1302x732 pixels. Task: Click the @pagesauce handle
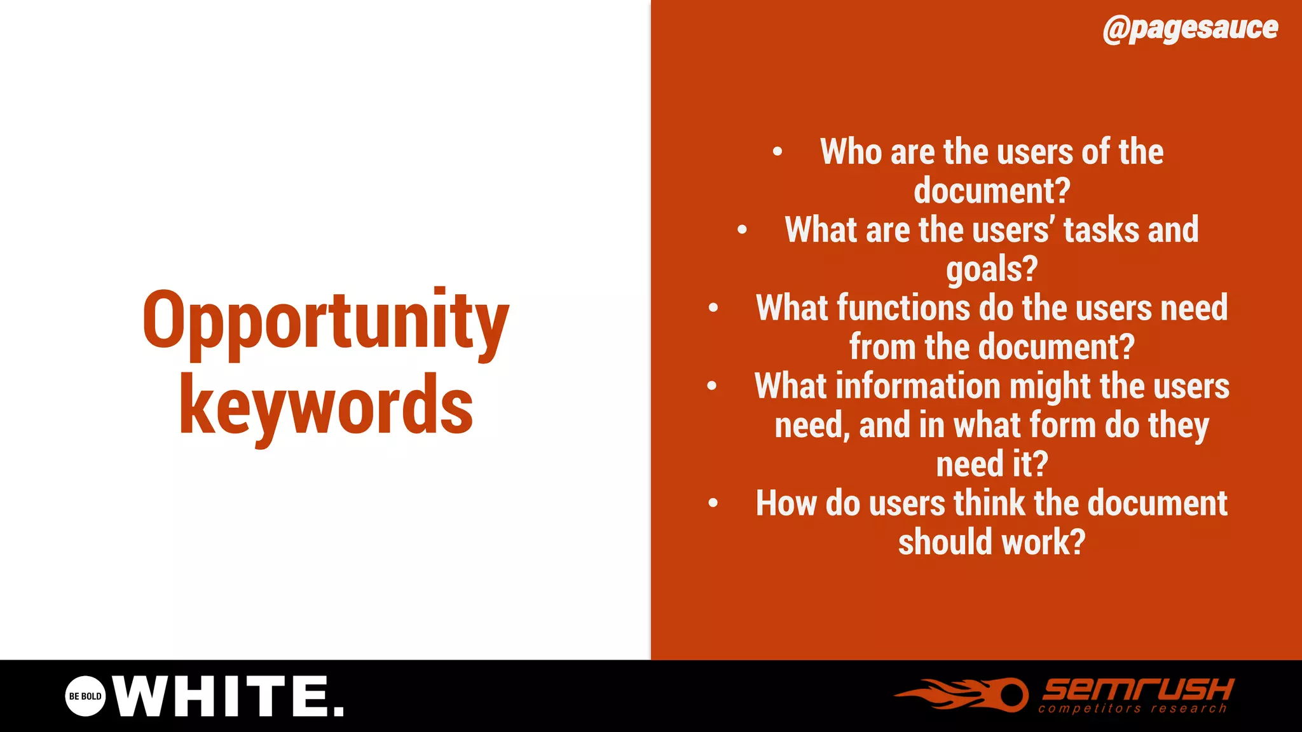(1190, 29)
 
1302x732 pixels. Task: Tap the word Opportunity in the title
(325, 321)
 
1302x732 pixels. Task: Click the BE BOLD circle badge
(85, 696)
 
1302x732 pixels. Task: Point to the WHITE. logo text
(229, 696)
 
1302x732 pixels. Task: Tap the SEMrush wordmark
(1138, 688)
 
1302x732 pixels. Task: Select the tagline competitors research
(1132, 708)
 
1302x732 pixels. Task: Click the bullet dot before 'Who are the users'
(777, 152)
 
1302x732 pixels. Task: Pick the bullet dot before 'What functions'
(713, 308)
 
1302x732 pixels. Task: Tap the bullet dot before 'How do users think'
(713, 503)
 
